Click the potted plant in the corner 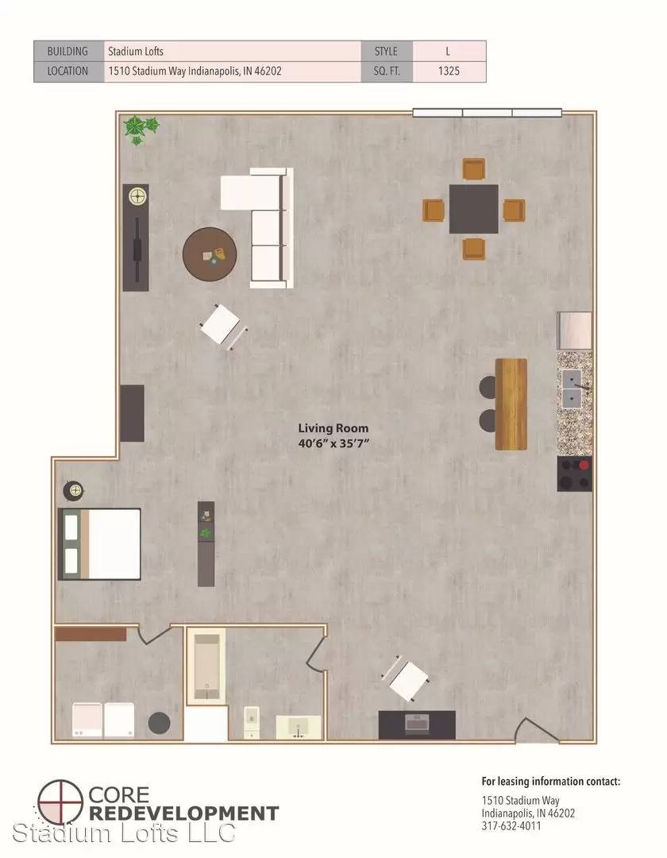141,129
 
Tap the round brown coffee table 210,254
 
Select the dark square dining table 473,208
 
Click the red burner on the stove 584,465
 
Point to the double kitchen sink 572,389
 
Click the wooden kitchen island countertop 511,404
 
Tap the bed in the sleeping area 99,544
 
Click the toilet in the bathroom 251,721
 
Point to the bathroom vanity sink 299,727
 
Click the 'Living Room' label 333,428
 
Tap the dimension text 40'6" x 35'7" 333,443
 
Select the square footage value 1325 449,71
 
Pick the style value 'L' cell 449,52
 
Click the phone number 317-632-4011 511,826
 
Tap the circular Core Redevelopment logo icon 60,802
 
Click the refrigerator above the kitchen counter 575,330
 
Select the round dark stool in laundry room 159,723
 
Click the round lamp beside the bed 73,490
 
